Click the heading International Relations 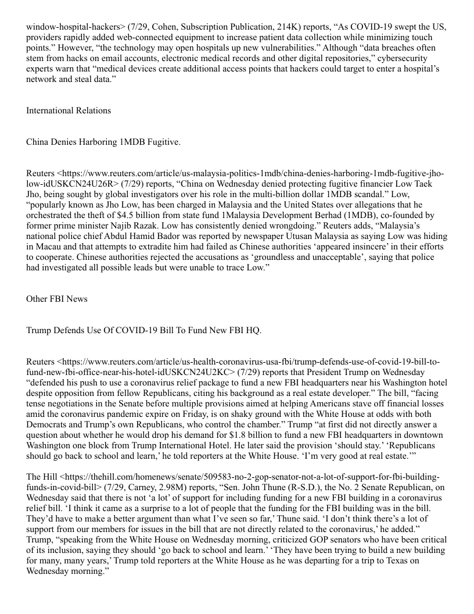coord(69,110)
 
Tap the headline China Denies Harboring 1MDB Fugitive coord(103,142)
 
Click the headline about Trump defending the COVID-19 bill coord(144,330)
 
